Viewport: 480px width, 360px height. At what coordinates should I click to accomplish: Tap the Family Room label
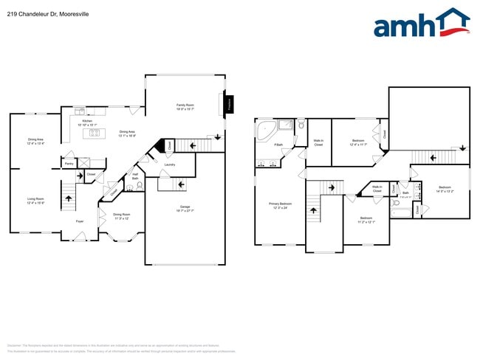coord(185,107)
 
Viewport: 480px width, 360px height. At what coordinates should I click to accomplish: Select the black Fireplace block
coord(230,105)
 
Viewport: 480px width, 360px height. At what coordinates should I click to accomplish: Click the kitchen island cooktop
coord(95,134)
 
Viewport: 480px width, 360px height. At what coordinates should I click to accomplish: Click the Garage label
coord(185,209)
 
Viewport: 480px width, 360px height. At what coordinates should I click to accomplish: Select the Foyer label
coord(79,221)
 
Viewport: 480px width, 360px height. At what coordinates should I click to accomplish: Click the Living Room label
coord(35,200)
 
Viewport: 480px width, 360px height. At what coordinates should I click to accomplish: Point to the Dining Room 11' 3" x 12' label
coord(121,216)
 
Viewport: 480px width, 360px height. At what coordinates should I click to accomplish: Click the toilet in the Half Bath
coord(140,186)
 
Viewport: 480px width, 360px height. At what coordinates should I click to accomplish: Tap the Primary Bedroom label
coord(280,205)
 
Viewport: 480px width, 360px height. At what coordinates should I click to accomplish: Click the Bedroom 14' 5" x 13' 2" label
coord(445,189)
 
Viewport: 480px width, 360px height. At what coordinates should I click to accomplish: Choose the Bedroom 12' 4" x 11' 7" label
coord(358,142)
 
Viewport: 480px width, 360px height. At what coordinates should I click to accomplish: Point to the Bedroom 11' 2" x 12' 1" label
coord(366,219)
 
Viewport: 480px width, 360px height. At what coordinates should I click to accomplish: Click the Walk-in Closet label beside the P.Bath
coord(319,142)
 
